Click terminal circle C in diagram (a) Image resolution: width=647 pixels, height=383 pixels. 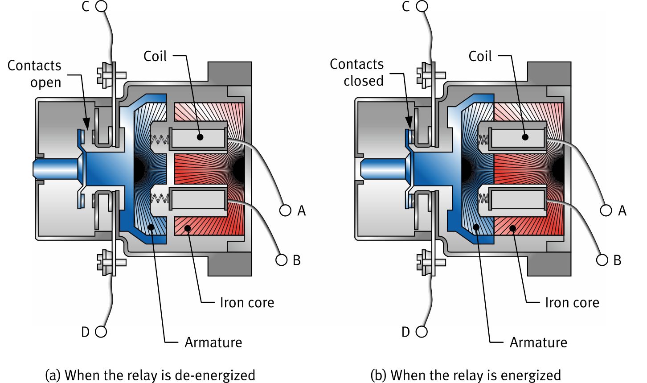pyautogui.click(x=102, y=6)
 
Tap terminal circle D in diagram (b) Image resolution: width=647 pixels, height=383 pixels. pyautogui.click(x=422, y=332)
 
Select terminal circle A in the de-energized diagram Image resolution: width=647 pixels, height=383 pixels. pyautogui.click(x=285, y=210)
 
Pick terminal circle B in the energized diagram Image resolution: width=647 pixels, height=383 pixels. pyautogui.click(x=602, y=260)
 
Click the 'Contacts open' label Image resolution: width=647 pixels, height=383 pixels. pyautogui.click(x=35, y=74)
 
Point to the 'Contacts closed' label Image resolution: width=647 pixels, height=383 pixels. pyautogui.click(x=357, y=72)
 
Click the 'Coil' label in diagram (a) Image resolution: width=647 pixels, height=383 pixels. pyautogui.click(x=155, y=56)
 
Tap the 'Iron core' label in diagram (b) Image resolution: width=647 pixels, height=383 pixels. pyautogui.click(x=572, y=302)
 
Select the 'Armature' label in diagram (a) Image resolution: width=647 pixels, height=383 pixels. pyautogui.click(x=213, y=342)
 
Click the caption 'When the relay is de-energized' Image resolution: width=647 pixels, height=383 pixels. pyautogui.click(x=151, y=375)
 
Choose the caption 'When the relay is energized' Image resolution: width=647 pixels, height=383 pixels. pyautogui.click(x=466, y=375)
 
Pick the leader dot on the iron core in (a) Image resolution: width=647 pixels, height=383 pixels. pyautogui.click(x=188, y=229)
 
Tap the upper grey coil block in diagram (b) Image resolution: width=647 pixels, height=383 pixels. pyautogui.click(x=517, y=137)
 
